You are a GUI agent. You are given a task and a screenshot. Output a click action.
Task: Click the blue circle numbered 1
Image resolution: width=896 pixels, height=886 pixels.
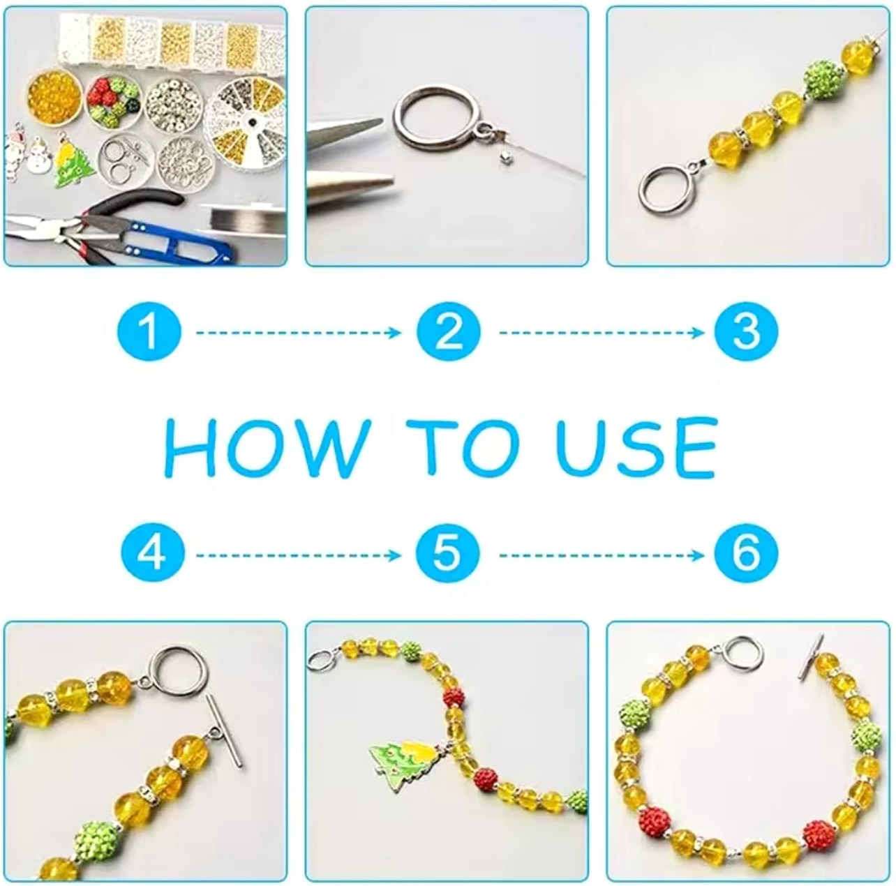(149, 332)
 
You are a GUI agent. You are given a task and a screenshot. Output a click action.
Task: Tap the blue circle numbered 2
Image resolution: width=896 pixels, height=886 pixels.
(449, 332)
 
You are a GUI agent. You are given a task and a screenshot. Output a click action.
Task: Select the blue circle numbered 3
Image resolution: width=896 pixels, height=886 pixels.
(746, 332)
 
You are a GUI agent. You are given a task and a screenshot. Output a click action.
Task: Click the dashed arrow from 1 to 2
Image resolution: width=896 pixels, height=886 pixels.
(298, 333)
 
